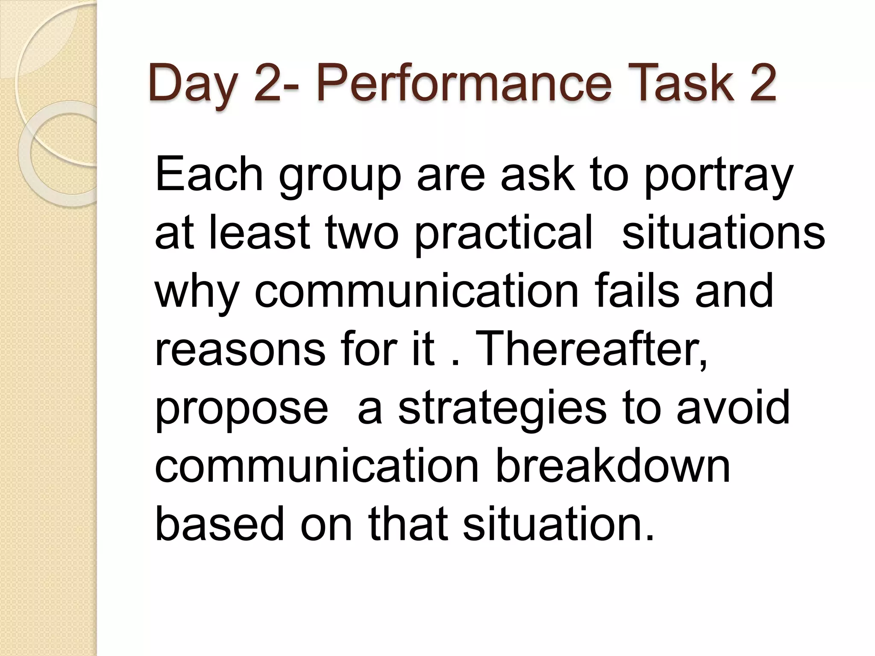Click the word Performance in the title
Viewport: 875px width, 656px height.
[x=464, y=83]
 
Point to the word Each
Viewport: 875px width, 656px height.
[x=209, y=175]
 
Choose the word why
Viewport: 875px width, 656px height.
[x=197, y=295]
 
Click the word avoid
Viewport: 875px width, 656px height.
[x=733, y=408]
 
